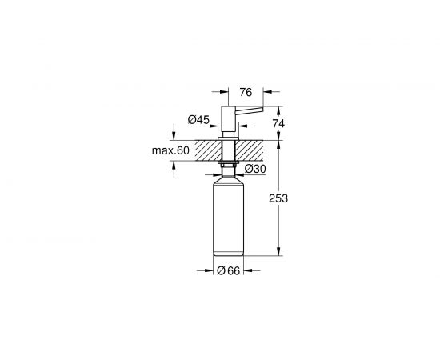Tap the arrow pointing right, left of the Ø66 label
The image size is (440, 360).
tap(210, 272)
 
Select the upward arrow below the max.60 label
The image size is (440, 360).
tap(174, 166)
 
